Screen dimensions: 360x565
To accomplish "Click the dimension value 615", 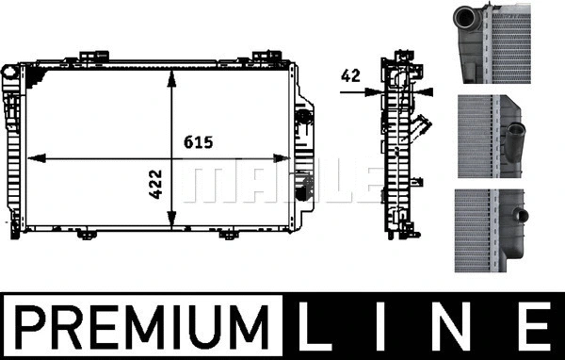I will (198, 143).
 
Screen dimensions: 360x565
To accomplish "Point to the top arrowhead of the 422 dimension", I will (170, 74).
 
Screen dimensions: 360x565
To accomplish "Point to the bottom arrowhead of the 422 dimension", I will (170, 225).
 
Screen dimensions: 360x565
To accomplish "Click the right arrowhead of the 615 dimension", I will (293, 159).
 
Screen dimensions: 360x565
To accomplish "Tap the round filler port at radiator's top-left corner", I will (8, 71).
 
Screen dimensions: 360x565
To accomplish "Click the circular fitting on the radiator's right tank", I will (302, 118).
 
